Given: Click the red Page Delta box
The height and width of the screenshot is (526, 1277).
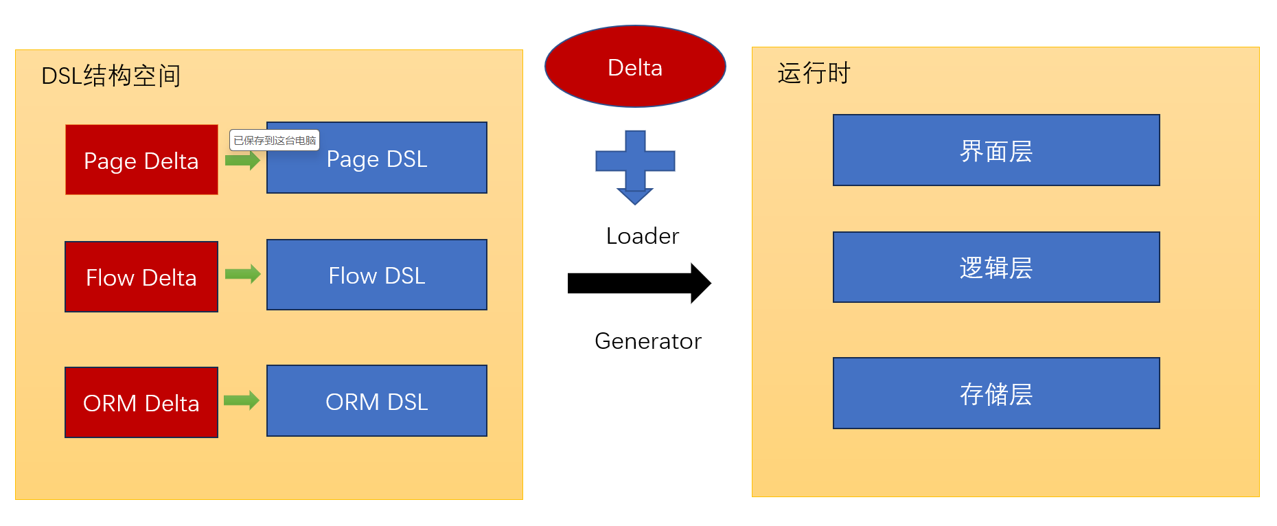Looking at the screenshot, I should (x=141, y=160).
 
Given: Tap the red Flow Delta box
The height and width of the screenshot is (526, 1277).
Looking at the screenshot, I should (x=141, y=277).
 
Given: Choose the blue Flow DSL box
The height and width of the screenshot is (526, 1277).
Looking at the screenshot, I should (x=376, y=275).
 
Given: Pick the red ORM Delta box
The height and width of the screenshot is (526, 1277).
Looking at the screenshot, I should (x=141, y=402).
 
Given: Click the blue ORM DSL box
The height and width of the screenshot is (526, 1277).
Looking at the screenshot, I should (x=376, y=401).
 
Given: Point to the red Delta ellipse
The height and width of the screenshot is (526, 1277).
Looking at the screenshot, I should (x=635, y=67).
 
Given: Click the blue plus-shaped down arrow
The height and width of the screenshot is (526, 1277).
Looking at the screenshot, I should (x=635, y=165).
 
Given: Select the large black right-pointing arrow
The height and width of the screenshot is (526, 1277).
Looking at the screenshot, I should (x=638, y=283).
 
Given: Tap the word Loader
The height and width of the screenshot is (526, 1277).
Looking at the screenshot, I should (x=642, y=236).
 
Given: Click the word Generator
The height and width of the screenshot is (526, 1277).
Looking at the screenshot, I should (x=647, y=341).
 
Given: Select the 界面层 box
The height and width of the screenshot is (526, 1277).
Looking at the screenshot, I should (x=996, y=150).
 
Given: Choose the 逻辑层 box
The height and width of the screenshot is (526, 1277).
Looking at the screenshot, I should (x=996, y=267).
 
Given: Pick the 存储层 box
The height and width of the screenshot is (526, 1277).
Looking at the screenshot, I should (x=996, y=393).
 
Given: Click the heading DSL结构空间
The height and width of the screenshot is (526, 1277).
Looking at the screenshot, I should (x=111, y=76).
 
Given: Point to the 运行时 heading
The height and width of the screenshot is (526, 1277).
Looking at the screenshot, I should (x=814, y=73).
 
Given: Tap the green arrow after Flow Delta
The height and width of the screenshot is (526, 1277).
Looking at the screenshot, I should (x=242, y=274).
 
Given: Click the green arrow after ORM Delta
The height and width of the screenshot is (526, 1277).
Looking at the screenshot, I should (x=242, y=400).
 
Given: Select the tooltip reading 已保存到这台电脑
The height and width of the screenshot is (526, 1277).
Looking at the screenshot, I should (x=274, y=140).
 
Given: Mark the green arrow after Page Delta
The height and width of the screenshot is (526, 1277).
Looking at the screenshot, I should (x=242, y=161).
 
